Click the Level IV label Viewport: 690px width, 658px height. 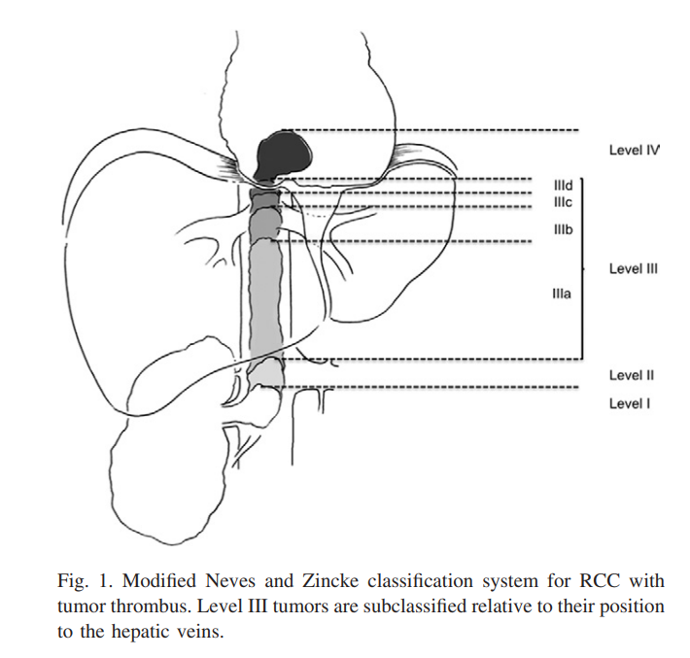[634, 150]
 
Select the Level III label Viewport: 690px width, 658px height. [634, 268]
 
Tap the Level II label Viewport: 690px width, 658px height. [632, 375]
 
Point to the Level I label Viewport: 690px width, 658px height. [630, 403]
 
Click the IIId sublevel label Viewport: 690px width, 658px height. [564, 186]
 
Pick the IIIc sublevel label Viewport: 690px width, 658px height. [563, 202]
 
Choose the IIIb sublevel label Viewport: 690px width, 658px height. [564, 229]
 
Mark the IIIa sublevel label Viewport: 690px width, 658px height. [562, 294]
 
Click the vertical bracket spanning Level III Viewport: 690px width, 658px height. [583, 269]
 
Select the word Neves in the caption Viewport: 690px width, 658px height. [230, 581]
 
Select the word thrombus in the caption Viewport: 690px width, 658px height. [150, 606]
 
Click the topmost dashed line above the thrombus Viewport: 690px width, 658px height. [430, 130]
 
